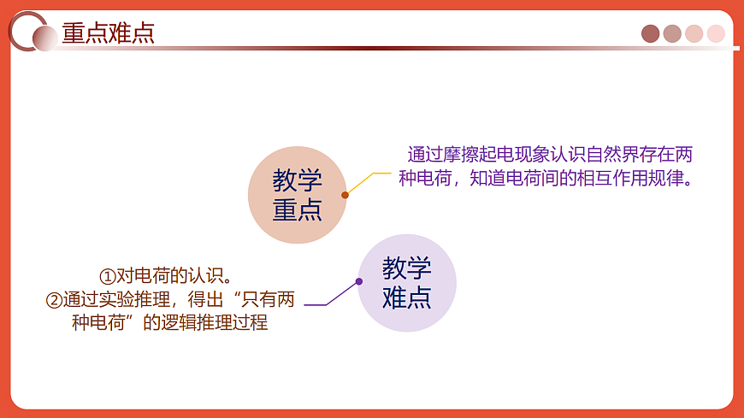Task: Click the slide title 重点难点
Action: pos(108,33)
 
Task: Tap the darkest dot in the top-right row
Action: pos(651,33)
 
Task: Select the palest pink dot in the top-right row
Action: pos(716,33)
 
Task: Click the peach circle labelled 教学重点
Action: pos(297,195)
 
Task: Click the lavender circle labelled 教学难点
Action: pos(406,283)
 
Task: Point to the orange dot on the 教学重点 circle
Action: pos(345,195)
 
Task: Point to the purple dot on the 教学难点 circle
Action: pos(359,281)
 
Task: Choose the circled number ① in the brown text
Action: pos(107,276)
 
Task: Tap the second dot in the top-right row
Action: pos(672,33)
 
